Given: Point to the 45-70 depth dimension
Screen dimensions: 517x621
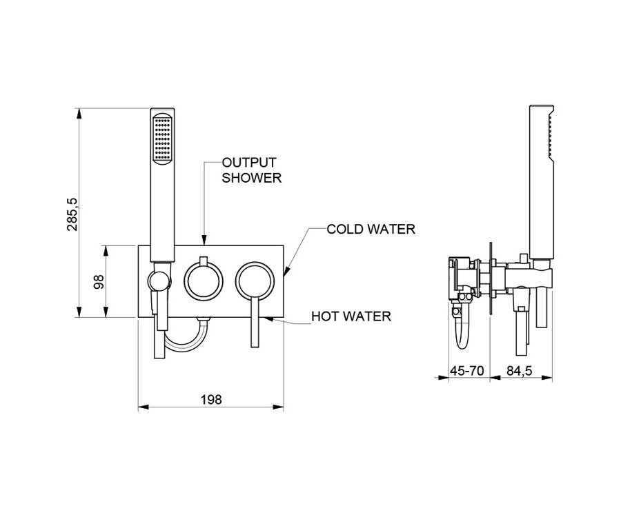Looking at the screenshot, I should [466, 371].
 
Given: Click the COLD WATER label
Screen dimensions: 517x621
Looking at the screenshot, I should [371, 229].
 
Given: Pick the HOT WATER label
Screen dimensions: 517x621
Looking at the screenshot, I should [351, 316].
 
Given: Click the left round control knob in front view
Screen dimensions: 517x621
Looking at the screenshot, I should [204, 279].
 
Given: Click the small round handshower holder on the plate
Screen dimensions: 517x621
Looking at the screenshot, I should [159, 281].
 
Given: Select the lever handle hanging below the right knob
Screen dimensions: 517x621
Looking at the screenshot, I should [255, 324].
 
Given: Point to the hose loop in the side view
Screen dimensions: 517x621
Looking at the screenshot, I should [457, 331].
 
